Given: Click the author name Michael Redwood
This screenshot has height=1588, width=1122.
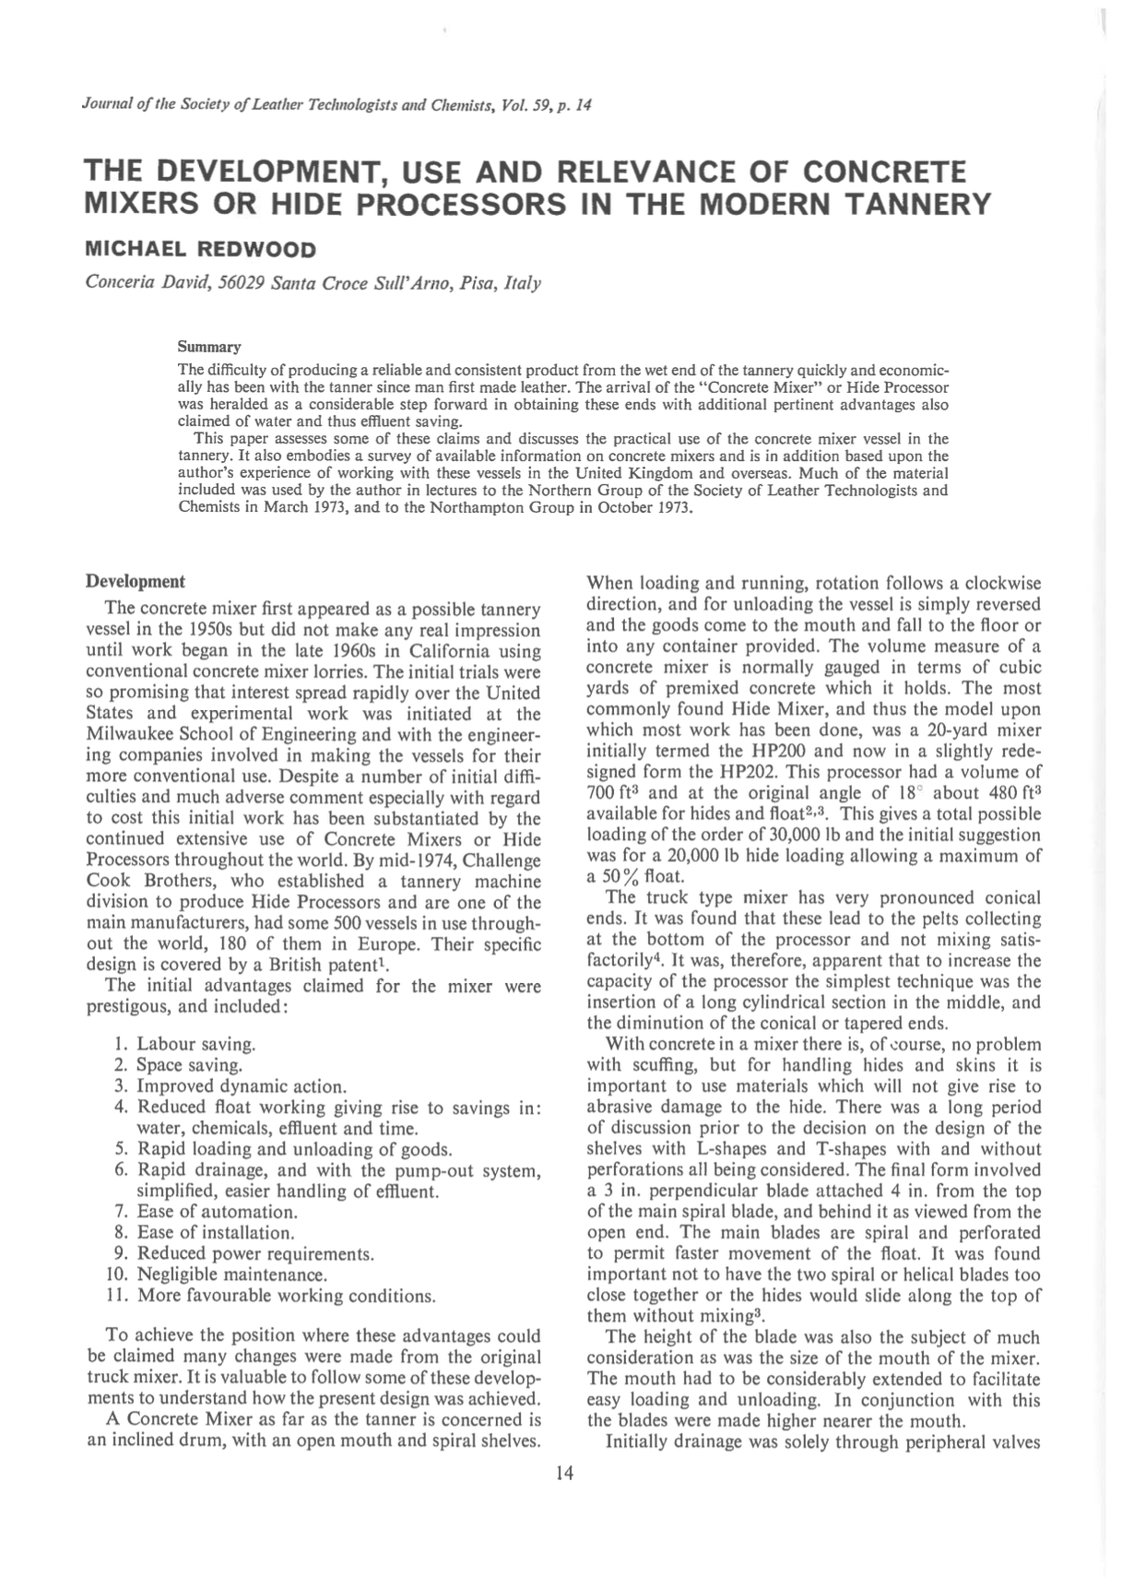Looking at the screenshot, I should [x=200, y=249].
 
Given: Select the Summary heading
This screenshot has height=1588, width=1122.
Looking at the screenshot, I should [x=208, y=347].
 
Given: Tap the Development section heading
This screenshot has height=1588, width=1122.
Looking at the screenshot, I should [x=135, y=582].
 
